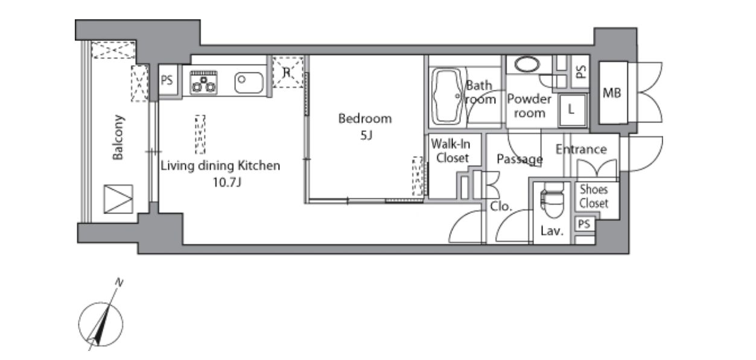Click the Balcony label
(x=118, y=137)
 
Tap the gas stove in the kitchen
(x=203, y=82)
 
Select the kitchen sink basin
(x=249, y=83)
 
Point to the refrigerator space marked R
(x=288, y=72)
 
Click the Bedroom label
(x=365, y=119)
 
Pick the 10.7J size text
(x=227, y=183)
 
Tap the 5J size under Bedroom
(x=366, y=136)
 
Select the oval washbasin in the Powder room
(x=527, y=64)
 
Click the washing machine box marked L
(x=572, y=110)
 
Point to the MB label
(x=612, y=93)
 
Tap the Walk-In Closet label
(x=451, y=151)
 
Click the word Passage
(x=519, y=159)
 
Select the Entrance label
(x=581, y=149)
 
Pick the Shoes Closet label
(x=594, y=197)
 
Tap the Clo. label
(x=501, y=206)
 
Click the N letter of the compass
(x=119, y=282)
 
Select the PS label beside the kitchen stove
(x=167, y=80)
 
